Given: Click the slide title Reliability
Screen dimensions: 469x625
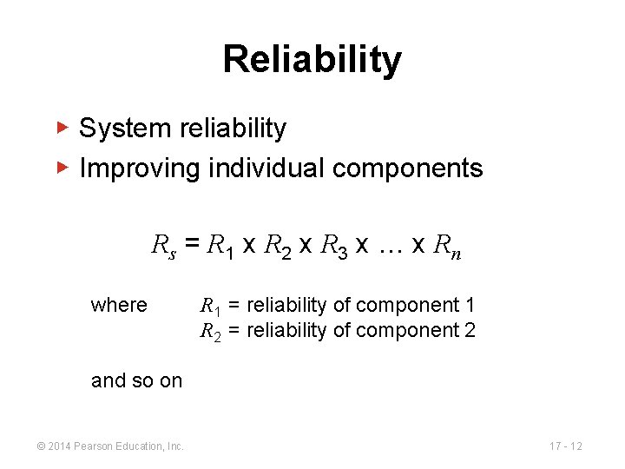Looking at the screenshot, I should pyautogui.click(x=312, y=60).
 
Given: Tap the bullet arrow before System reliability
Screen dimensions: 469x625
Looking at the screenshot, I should pyautogui.click(x=62, y=128).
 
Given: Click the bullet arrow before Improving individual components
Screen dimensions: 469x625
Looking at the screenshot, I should pyautogui.click(x=62, y=167).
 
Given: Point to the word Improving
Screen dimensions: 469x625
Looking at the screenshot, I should pyautogui.click(x=140, y=168).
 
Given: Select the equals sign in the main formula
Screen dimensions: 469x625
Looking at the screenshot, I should pyautogui.click(x=192, y=247).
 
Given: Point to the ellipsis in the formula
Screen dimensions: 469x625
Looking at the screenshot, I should pyautogui.click(x=386, y=248).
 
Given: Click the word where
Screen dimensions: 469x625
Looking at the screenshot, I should pyautogui.click(x=119, y=305).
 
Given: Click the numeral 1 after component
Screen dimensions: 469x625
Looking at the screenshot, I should pyautogui.click(x=470, y=305).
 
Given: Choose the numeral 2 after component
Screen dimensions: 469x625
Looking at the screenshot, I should pyautogui.click(x=470, y=330).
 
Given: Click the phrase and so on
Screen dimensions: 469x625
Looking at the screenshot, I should pyautogui.click(x=136, y=380).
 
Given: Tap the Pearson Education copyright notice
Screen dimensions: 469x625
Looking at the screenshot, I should pyautogui.click(x=109, y=446).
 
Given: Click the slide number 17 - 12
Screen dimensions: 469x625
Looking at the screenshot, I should pyautogui.click(x=565, y=446).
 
